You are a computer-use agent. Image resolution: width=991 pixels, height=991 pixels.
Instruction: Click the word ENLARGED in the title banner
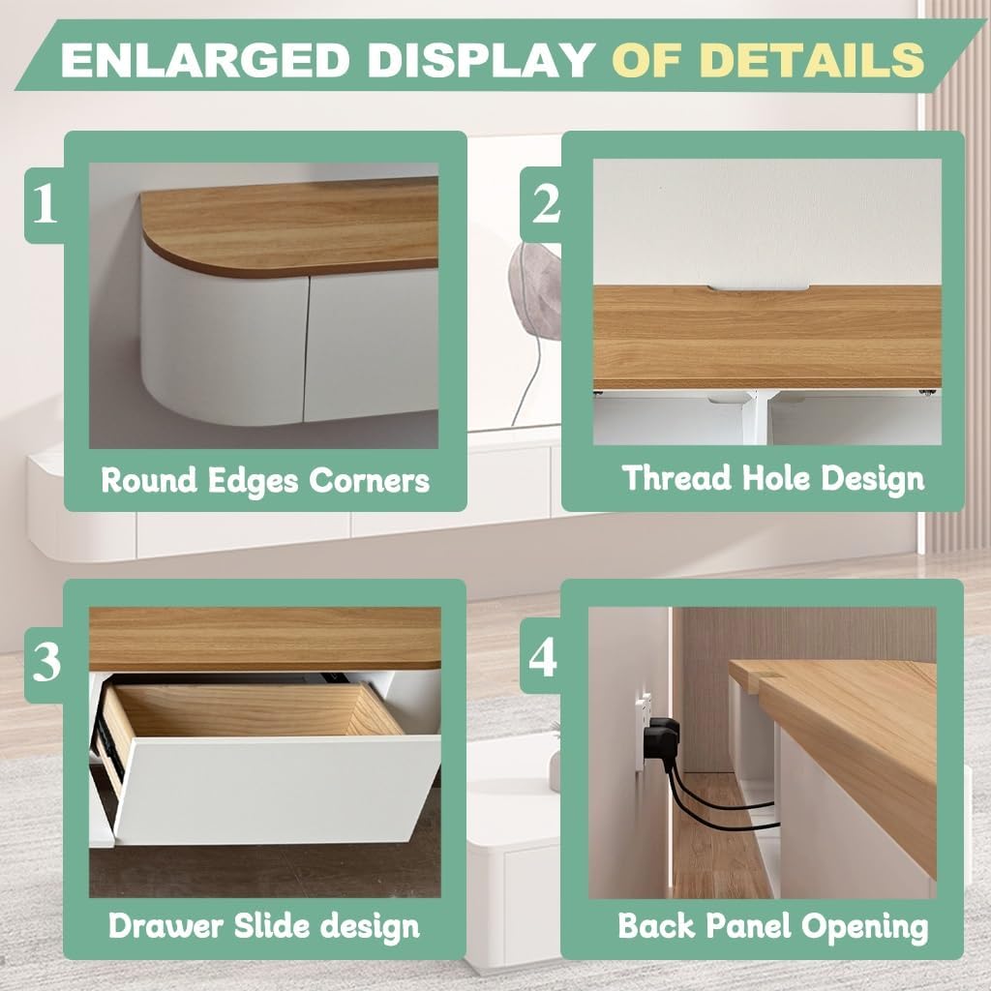(x=205, y=60)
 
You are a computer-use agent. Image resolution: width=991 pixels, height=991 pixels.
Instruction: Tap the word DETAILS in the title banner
(x=812, y=60)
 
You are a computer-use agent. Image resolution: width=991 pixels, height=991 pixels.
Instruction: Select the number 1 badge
(x=45, y=204)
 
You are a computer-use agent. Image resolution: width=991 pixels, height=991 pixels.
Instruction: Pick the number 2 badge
(x=545, y=204)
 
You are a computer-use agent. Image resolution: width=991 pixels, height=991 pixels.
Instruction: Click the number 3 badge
(x=45, y=662)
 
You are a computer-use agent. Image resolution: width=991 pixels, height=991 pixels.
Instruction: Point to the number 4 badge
(x=542, y=656)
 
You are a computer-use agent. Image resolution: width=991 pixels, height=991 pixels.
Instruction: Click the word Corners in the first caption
(x=369, y=481)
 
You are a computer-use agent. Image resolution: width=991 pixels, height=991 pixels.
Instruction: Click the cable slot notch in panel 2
(x=758, y=288)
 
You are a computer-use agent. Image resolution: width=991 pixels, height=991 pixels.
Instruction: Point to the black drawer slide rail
(x=104, y=737)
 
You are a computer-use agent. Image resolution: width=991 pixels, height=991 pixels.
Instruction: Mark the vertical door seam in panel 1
(x=307, y=348)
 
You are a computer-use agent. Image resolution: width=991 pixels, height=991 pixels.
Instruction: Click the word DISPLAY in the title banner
(x=480, y=60)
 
